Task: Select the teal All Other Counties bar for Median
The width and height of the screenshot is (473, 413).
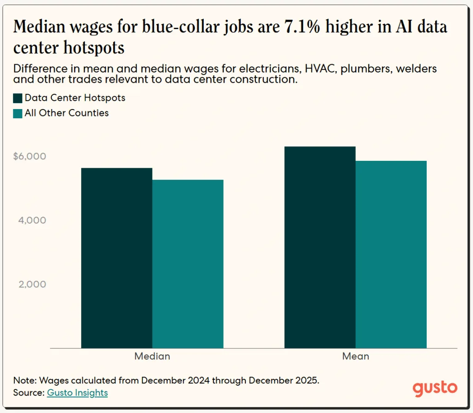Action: [188, 264]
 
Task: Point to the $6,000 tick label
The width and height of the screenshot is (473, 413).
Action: [30, 157]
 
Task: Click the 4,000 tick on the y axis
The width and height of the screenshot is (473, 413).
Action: [33, 220]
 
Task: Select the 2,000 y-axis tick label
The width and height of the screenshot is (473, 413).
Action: [33, 284]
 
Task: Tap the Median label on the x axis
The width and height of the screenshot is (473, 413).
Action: [152, 356]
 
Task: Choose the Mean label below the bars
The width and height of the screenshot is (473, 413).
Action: [355, 356]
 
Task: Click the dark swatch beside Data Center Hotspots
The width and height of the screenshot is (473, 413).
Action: [18, 98]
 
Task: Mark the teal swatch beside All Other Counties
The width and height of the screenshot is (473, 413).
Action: [18, 113]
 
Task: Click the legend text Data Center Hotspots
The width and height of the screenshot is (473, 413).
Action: [75, 98]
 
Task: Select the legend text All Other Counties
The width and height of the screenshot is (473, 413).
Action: [67, 113]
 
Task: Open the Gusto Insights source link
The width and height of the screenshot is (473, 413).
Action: [77, 393]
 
